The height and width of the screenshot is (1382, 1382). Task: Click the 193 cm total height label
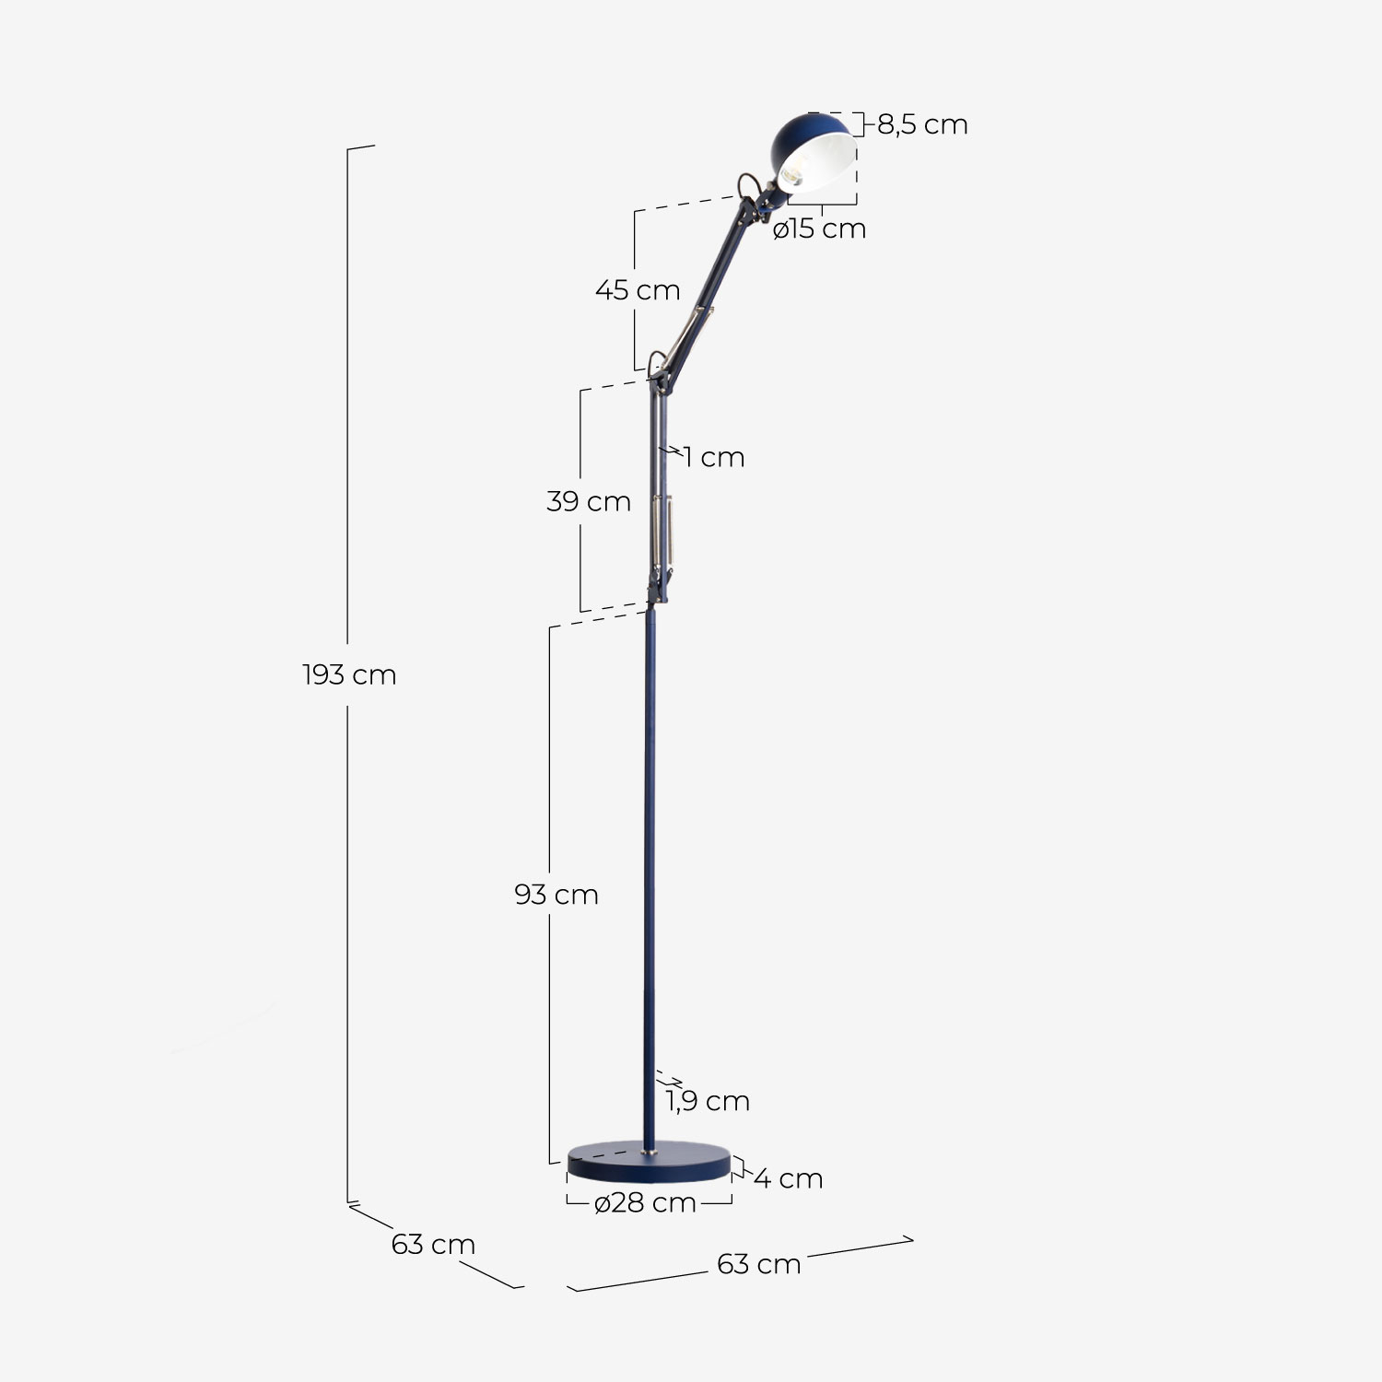point(349,675)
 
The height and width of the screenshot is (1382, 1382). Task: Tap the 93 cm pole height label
point(556,895)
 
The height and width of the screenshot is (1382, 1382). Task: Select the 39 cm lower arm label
point(589,502)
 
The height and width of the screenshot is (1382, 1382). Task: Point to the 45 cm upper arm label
point(638,290)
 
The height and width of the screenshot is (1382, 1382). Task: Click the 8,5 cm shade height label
point(922,124)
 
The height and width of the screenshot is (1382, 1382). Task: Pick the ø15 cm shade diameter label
point(820,228)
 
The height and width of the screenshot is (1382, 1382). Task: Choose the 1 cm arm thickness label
point(714,457)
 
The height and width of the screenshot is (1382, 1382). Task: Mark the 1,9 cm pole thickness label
point(709,1101)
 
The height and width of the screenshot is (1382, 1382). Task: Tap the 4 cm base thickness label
point(789,1178)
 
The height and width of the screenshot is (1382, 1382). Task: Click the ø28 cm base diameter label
point(645,1202)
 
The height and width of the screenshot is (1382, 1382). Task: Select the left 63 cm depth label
point(433,1245)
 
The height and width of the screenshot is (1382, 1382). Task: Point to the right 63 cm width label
point(759,1264)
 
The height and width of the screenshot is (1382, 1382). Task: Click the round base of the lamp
point(649,1165)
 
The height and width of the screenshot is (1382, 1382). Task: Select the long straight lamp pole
point(650,875)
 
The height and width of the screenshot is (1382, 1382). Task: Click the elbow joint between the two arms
point(657,369)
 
